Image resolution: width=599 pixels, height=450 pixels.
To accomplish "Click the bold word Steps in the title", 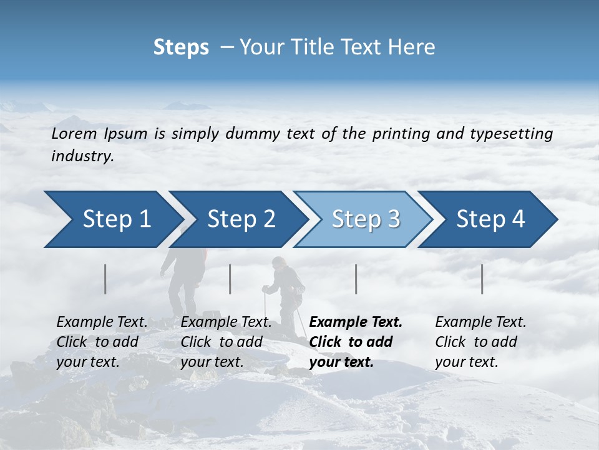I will [x=181, y=47].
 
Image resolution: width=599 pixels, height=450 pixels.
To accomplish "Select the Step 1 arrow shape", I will [x=112, y=219].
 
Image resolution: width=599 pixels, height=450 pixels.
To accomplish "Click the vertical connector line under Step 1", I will [x=105, y=279].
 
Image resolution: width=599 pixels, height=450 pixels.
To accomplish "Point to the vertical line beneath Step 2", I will [x=230, y=279].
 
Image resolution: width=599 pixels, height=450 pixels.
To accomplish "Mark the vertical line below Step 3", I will [x=356, y=279].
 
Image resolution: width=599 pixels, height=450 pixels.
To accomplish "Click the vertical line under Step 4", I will [x=482, y=279].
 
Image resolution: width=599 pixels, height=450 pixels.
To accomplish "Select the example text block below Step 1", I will [x=102, y=342].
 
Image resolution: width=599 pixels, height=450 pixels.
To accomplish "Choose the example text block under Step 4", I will [x=480, y=342].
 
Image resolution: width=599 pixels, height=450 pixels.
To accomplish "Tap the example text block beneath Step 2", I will [x=226, y=342].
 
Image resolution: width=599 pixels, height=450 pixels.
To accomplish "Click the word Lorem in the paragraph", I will [x=74, y=134].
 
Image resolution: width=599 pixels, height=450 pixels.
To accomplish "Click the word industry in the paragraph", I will [x=82, y=156].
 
